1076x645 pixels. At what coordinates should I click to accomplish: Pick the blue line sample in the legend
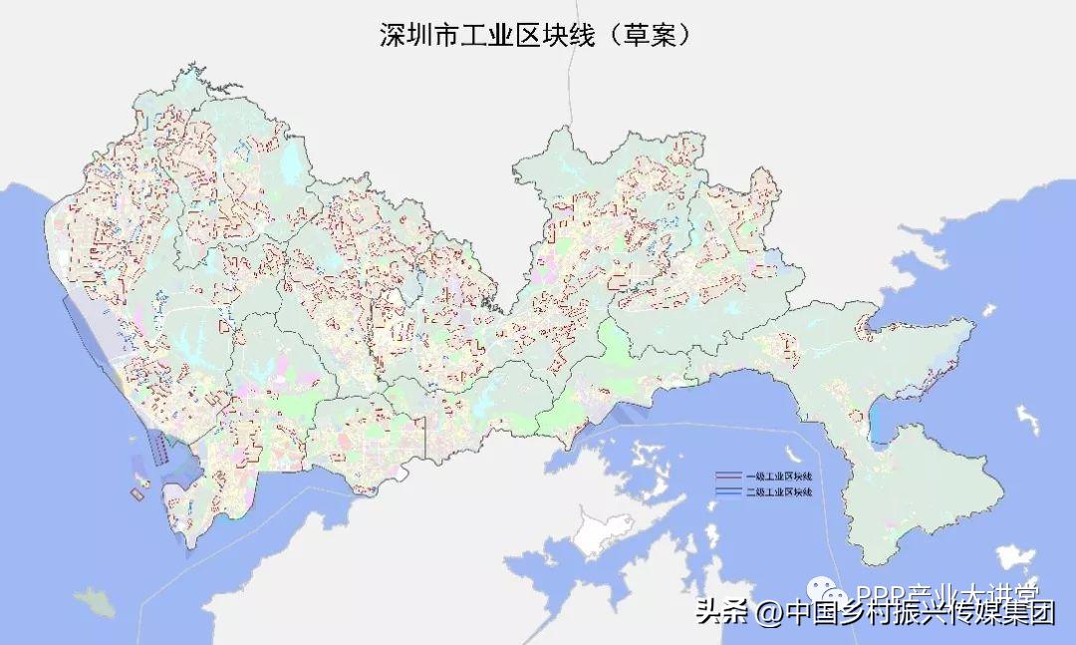click(729, 491)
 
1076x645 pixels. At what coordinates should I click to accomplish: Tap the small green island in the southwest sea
click(94, 601)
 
